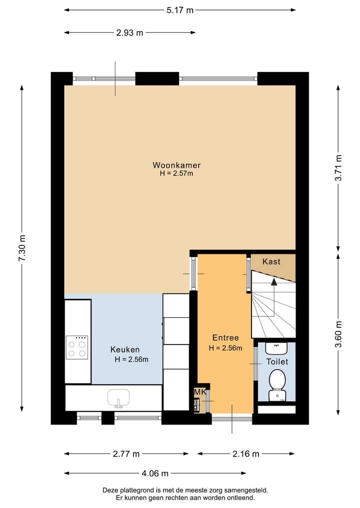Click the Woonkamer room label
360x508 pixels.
click(176, 165)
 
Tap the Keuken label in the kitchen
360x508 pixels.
click(125, 350)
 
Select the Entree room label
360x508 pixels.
click(225, 338)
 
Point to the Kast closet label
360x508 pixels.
click(271, 261)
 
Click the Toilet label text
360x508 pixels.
click(277, 362)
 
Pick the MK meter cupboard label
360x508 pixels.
click(200, 392)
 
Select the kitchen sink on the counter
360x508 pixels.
click(118, 398)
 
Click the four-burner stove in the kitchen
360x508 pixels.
click(77, 347)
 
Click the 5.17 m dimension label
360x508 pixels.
click(180, 10)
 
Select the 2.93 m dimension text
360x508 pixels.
click(129, 33)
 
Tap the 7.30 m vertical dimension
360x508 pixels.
click(22, 248)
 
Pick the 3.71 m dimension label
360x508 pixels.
click(338, 168)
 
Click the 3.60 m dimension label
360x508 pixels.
click(338, 334)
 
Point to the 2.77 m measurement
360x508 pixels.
click(126, 454)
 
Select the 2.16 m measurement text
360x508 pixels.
click(246, 454)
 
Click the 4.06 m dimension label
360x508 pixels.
click(155, 474)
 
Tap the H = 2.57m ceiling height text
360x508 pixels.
click(176, 173)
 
